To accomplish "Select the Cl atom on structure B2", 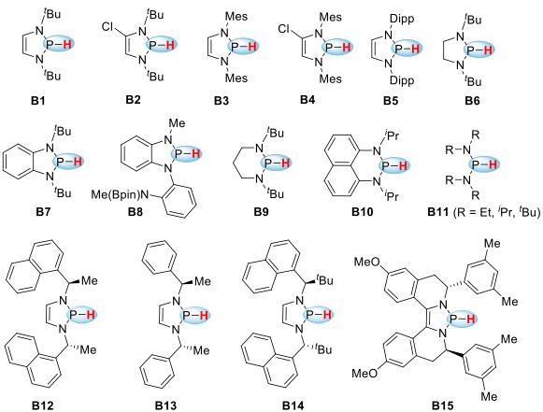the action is (108, 27).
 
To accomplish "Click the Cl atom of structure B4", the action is (284, 29).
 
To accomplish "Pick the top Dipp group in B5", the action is (402, 19).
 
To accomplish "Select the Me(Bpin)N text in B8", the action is (121, 195).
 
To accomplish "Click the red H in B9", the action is (285, 163).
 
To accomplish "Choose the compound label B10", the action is (363, 212).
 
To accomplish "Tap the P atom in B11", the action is (476, 164).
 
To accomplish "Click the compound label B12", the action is (43, 405).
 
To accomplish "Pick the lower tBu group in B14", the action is (324, 349).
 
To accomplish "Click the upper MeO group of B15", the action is (365, 263).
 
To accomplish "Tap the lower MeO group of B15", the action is (364, 373).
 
